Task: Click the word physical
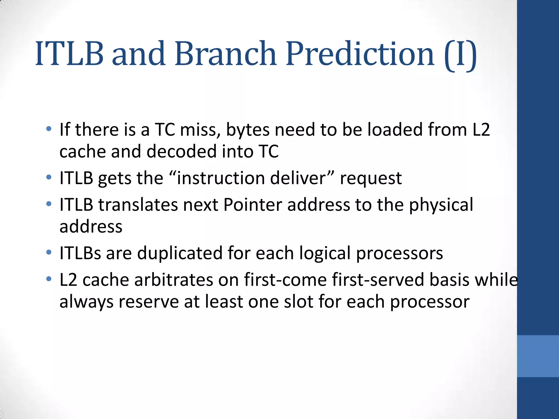[441, 205]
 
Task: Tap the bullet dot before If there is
[49, 129]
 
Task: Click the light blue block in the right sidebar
[538, 356]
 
